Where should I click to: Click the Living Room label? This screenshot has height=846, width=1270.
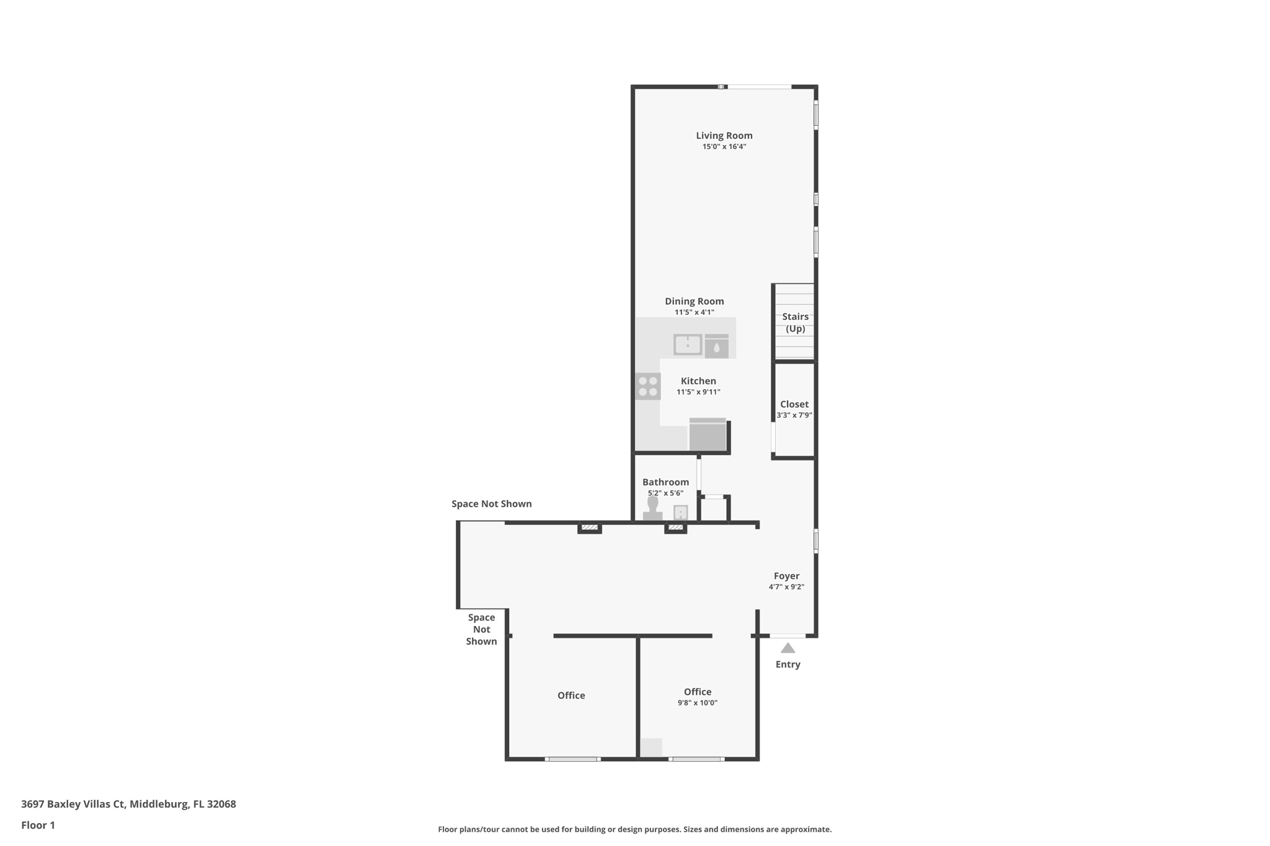pos(724,136)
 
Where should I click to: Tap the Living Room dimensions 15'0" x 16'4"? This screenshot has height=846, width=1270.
pos(724,147)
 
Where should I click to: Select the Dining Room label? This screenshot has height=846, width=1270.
pos(694,301)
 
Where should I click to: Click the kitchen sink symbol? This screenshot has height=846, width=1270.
pos(688,345)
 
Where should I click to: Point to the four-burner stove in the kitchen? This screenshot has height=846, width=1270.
pos(647,386)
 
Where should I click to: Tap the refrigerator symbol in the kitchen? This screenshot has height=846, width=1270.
pos(708,434)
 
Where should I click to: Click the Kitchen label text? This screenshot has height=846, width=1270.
pos(698,381)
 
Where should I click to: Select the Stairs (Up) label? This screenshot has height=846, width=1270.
pos(795,322)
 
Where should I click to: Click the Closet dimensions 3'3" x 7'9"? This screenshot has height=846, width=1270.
pos(794,415)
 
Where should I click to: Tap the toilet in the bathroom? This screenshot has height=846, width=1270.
pos(652,508)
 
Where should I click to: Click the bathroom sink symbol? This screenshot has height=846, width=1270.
pos(681,513)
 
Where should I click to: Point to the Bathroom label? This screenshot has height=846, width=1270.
pos(665,482)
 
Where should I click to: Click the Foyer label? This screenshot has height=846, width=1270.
pos(786,576)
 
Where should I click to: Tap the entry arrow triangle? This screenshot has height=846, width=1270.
pos(788,648)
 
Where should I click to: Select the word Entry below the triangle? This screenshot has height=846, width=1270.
pos(788,664)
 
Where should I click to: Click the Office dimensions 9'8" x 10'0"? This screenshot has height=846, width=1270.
pos(698,703)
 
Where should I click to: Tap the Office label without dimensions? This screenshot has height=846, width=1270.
pos(571,695)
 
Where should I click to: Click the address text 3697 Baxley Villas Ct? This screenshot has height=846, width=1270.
pos(73,804)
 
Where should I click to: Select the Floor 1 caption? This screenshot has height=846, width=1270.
pos(38,825)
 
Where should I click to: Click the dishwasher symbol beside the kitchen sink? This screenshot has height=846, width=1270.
pos(717,346)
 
